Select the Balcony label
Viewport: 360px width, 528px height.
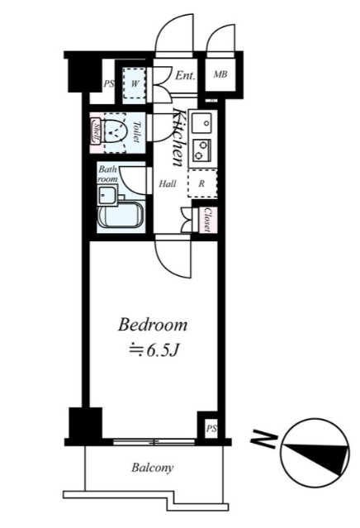(153, 469)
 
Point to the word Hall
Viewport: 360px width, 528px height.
(168, 184)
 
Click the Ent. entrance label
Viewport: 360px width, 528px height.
(185, 76)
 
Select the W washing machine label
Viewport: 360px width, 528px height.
(132, 83)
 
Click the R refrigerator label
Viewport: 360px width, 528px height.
(201, 183)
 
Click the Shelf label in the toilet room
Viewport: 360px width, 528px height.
(97, 132)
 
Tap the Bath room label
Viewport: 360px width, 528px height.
(109, 174)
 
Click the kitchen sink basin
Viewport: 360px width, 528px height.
(201, 124)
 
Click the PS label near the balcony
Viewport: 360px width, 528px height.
(211, 429)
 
